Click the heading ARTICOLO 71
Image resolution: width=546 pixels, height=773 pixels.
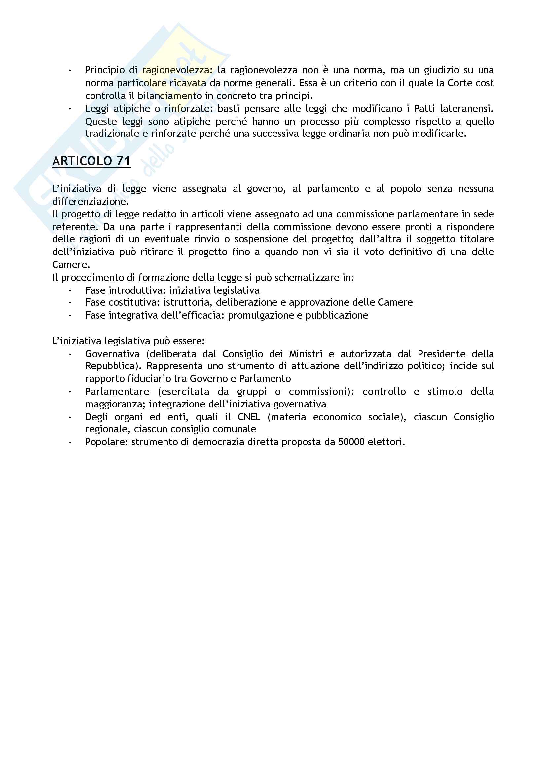click(x=91, y=161)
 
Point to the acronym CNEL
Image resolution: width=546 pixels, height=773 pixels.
click(x=249, y=417)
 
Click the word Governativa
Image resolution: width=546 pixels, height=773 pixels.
click(x=112, y=354)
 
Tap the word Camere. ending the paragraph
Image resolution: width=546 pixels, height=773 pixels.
click(x=71, y=265)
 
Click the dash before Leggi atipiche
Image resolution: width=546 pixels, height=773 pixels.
click(x=70, y=109)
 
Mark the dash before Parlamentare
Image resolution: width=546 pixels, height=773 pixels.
click(x=70, y=392)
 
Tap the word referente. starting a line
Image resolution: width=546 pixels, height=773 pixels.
click(x=75, y=227)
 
